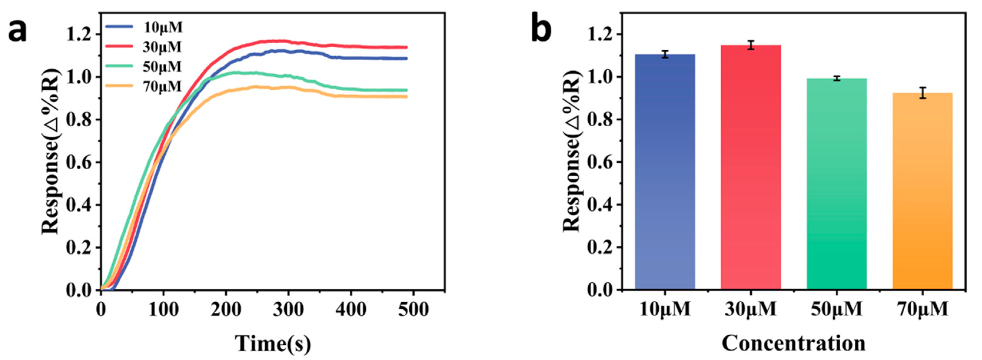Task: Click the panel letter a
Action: coord(18,31)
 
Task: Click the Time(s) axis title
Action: coord(273,343)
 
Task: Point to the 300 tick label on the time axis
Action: coord(289,310)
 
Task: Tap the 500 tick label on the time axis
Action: coord(413,310)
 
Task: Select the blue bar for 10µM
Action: coord(665,172)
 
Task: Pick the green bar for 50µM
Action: coord(837,183)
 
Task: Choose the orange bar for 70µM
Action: coord(923,191)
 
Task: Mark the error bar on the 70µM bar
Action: coord(923,93)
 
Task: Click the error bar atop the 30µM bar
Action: coord(750,45)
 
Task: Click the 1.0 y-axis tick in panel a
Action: coord(78,77)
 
